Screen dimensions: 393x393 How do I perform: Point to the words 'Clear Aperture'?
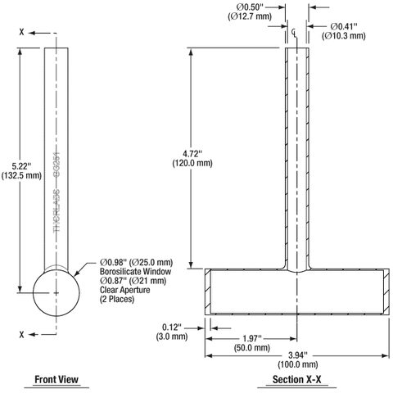[x=123, y=291]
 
